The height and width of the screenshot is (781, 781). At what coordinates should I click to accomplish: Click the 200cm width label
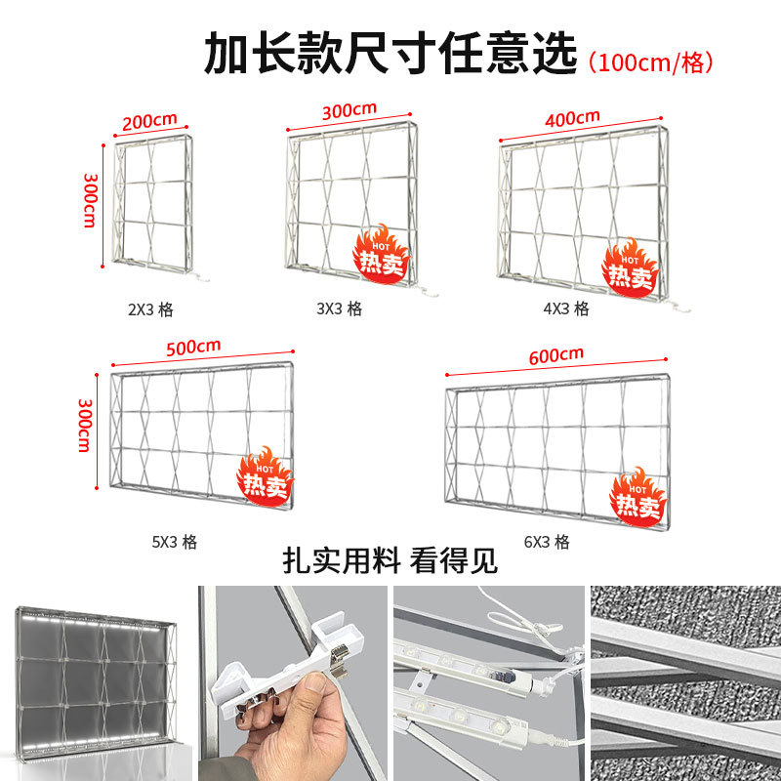149,121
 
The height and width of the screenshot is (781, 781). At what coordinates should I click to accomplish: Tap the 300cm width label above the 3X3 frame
349,111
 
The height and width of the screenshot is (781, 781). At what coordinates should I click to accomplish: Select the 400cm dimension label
572,118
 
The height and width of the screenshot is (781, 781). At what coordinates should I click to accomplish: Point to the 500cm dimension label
193,348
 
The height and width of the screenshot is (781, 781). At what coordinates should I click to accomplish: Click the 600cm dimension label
555,355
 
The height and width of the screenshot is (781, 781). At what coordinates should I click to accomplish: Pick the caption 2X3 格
150,309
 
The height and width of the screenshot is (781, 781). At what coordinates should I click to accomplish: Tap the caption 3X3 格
339,308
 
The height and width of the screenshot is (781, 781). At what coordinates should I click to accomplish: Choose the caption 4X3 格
566,308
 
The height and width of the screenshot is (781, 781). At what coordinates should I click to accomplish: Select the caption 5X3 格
175,542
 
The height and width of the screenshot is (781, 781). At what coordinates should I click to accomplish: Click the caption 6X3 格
547,542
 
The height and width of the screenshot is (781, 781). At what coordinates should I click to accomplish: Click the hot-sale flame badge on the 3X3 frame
381,253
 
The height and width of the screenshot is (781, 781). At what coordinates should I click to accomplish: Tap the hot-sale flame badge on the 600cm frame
637,497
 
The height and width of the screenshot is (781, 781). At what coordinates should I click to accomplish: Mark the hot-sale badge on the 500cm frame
265,476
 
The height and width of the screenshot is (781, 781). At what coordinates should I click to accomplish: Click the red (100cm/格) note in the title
650,62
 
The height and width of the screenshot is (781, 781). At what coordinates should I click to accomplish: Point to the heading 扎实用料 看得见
390,560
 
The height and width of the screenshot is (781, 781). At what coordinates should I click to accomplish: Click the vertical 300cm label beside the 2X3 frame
90,201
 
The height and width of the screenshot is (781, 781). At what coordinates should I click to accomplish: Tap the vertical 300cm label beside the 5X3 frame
84,425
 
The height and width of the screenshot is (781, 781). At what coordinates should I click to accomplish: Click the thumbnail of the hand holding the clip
292,682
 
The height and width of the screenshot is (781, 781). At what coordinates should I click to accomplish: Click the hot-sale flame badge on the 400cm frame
630,267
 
